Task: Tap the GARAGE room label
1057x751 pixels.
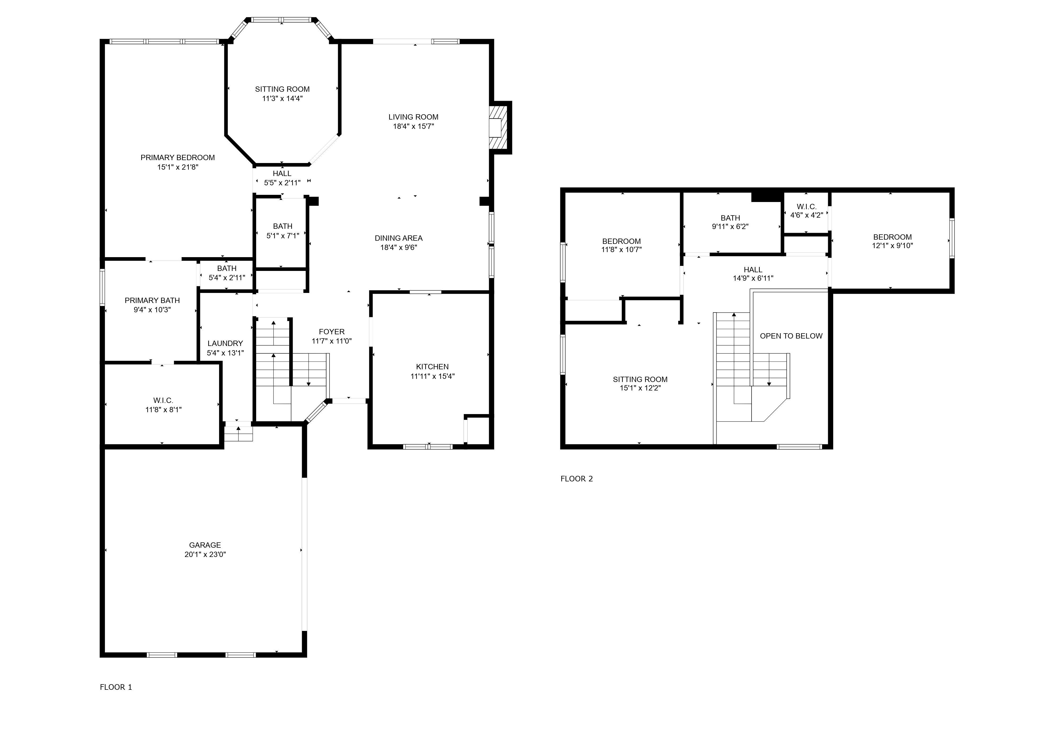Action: pyautogui.click(x=205, y=545)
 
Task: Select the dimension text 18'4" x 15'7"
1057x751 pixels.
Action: pyautogui.click(x=413, y=126)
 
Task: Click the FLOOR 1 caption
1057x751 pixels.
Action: pyautogui.click(x=116, y=687)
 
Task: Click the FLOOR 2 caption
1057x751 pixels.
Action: pyautogui.click(x=576, y=479)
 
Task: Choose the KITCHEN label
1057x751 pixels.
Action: pyautogui.click(x=432, y=367)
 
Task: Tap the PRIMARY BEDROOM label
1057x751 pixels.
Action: pyautogui.click(x=177, y=158)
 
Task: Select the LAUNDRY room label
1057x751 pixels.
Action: pyautogui.click(x=225, y=343)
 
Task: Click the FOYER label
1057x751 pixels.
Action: pyautogui.click(x=331, y=332)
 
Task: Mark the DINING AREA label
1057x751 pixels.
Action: pyautogui.click(x=398, y=238)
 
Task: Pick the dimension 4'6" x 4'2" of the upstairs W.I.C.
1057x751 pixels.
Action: pyautogui.click(x=806, y=215)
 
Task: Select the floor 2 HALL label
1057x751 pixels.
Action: pyautogui.click(x=753, y=270)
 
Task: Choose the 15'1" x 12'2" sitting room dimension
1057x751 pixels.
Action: pyautogui.click(x=640, y=388)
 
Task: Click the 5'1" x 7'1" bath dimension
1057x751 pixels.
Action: pyautogui.click(x=282, y=235)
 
